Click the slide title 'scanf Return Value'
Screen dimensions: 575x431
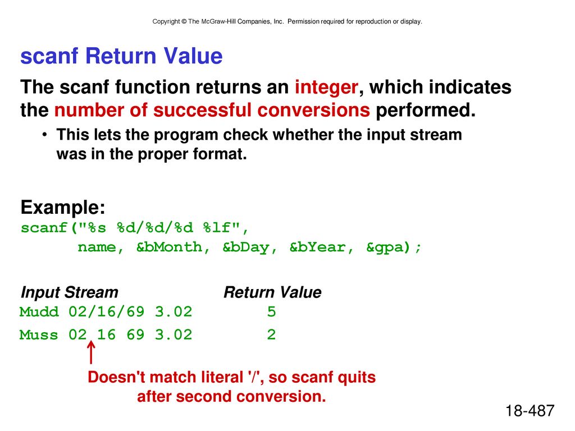(x=121, y=56)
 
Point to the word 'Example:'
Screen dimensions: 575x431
(x=63, y=208)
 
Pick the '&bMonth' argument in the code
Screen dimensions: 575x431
(x=169, y=247)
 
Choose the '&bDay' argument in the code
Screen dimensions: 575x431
(x=246, y=247)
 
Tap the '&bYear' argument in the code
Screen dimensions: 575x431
(x=317, y=247)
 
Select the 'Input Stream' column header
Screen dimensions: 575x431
(x=69, y=292)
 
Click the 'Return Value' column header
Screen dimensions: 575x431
(x=272, y=292)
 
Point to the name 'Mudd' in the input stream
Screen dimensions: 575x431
(x=39, y=312)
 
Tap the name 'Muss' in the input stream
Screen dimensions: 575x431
(x=39, y=334)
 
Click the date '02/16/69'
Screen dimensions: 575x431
(x=106, y=312)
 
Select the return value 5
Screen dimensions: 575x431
(x=271, y=312)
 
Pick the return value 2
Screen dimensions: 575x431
(x=271, y=334)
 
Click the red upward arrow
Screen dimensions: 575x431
(x=91, y=352)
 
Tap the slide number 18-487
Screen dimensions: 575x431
(x=530, y=411)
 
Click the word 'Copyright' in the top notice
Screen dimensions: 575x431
(x=166, y=22)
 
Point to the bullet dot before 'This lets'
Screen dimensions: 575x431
(x=44, y=135)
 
